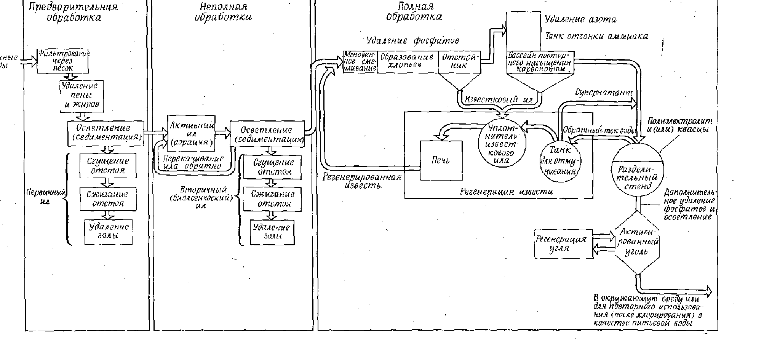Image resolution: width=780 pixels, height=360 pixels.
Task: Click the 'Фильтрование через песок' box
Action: tap(63, 61)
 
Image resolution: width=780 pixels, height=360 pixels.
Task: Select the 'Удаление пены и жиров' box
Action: tap(82, 96)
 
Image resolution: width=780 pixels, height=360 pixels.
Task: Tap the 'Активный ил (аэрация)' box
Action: tap(191, 133)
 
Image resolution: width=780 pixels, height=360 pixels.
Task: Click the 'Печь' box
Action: tap(441, 160)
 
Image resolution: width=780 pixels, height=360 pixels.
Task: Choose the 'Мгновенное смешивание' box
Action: tap(360, 61)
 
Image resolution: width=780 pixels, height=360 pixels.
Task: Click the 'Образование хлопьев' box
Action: tap(407, 61)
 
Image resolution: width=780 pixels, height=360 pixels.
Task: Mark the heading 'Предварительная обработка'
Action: tap(74, 12)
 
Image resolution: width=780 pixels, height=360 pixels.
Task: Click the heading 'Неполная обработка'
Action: tap(223, 12)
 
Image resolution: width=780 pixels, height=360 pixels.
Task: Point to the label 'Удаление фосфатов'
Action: tap(412, 40)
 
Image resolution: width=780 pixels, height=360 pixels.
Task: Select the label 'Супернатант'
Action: tap(604, 93)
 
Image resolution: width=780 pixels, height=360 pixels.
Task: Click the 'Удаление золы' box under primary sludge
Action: tap(108, 231)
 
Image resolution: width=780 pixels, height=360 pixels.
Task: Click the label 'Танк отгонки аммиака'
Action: tap(596, 37)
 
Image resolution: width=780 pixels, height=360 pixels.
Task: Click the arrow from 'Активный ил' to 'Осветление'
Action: tap(223, 133)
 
